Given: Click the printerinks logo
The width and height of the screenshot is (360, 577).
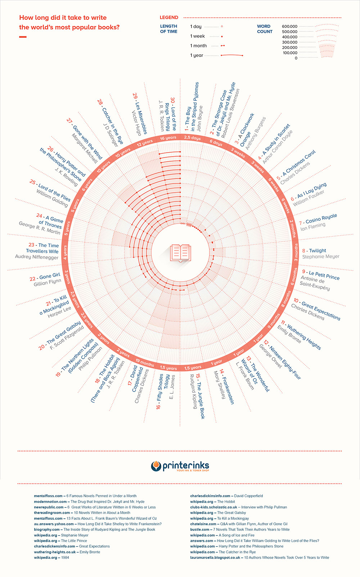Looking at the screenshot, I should pos(180,466).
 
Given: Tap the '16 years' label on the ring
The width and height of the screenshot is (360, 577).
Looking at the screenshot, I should pos(168,138).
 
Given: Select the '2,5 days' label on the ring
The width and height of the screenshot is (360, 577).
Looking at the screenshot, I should pos(192,138).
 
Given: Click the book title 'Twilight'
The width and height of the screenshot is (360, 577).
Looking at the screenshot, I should pos(318,251).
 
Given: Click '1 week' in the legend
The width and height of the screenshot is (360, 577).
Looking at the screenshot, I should pos(197,36).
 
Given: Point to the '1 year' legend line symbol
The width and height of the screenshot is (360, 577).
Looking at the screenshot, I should pos(232,55).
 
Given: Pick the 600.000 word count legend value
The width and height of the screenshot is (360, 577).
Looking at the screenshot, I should pos(289,26).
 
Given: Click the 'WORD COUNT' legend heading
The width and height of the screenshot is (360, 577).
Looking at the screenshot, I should pos(264,29).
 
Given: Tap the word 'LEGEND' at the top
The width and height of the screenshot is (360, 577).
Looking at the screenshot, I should pos(169,17).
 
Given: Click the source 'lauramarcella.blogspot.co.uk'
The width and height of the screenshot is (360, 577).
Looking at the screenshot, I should pos(215,558).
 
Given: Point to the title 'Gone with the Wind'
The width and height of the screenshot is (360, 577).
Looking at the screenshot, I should pos(87,142).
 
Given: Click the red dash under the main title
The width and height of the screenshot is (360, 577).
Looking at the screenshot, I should pos(23,37).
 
